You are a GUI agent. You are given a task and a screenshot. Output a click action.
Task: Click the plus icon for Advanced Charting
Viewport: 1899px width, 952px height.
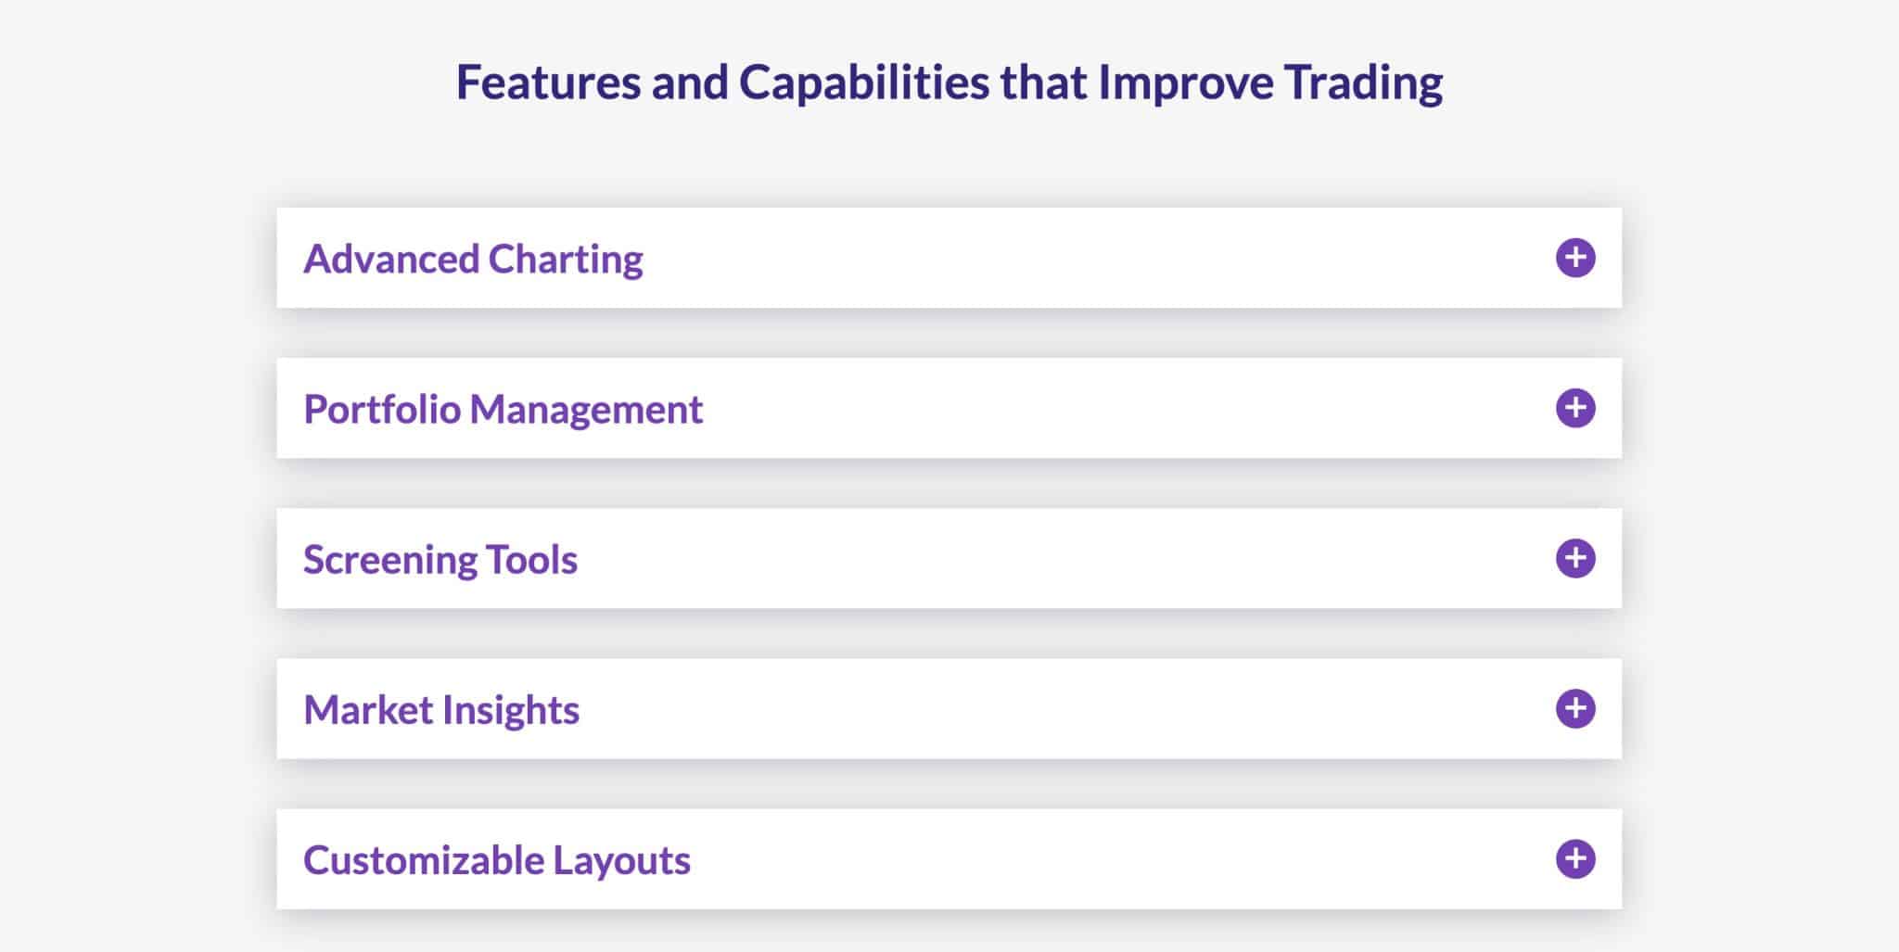(x=1575, y=258)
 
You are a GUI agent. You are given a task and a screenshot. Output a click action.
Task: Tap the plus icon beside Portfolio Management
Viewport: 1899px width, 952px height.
(x=1575, y=408)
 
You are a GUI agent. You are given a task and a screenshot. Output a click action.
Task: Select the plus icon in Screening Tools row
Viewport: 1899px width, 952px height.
(x=1575, y=558)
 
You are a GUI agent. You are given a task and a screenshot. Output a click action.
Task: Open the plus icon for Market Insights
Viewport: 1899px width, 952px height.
(x=1575, y=708)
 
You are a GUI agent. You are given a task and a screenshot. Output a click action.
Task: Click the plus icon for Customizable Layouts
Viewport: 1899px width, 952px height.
(x=1575, y=858)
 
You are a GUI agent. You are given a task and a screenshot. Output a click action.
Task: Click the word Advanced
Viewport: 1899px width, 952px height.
(x=390, y=259)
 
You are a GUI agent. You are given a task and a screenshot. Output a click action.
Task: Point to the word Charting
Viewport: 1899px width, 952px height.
(x=566, y=260)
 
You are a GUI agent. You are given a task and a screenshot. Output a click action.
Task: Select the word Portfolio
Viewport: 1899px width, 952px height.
(x=382, y=409)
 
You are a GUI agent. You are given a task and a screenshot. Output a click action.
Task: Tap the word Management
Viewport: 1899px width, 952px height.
(x=586, y=411)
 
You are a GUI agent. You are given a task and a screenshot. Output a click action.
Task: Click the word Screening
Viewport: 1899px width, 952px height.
(x=389, y=561)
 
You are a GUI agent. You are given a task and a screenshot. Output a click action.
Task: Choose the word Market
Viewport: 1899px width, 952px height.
(x=368, y=709)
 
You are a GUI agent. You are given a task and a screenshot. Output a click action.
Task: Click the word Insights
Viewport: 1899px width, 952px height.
(x=511, y=711)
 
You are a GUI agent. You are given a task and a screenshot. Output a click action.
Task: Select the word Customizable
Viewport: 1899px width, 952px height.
(x=423, y=859)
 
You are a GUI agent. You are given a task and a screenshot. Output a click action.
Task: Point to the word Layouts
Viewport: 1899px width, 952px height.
(x=622, y=861)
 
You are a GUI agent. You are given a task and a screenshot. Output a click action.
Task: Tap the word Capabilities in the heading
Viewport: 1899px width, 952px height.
(x=864, y=83)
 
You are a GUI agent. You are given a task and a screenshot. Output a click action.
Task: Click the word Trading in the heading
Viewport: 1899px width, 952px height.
(x=1364, y=83)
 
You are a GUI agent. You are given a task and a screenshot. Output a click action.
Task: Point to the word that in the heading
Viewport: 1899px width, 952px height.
(x=1044, y=82)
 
